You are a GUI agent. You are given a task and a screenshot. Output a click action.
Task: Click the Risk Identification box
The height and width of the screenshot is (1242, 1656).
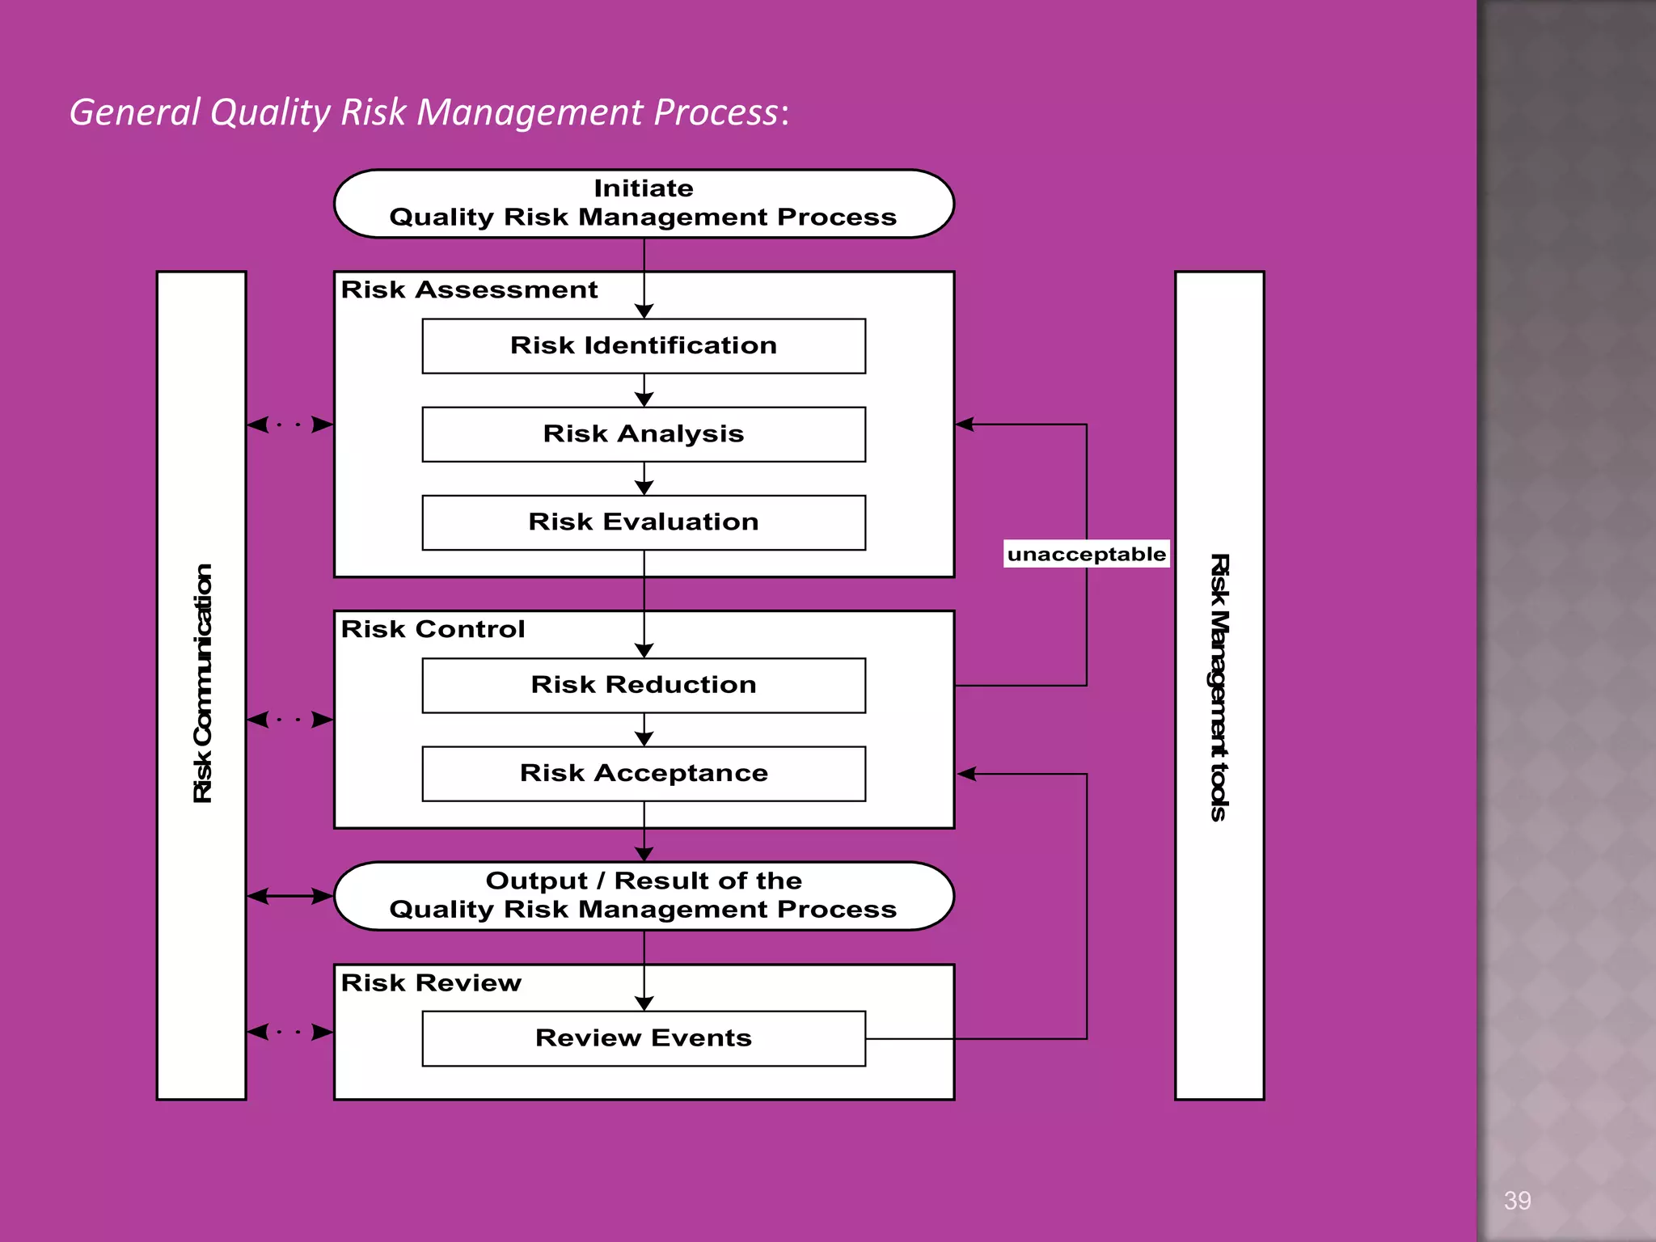click(x=644, y=346)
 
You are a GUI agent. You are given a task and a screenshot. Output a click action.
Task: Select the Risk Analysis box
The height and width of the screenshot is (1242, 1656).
click(x=644, y=434)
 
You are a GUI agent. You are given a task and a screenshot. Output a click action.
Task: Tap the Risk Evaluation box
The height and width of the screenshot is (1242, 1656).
click(x=644, y=522)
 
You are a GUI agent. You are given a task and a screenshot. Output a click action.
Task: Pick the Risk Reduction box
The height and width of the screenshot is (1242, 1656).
click(x=644, y=685)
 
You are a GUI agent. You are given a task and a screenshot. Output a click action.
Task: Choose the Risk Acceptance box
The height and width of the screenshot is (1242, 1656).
click(x=644, y=774)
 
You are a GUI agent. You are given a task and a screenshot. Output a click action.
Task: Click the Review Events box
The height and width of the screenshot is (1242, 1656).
click(x=644, y=1038)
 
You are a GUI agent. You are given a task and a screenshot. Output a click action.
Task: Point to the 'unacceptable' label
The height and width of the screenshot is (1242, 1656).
click(x=1086, y=554)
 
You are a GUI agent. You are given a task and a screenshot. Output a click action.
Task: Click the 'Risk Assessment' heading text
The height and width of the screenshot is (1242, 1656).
click(x=469, y=289)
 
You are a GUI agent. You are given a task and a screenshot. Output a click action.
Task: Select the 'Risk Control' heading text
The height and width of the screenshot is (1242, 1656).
click(x=433, y=629)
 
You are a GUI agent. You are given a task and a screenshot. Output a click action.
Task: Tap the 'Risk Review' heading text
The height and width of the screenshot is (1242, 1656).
click(x=431, y=982)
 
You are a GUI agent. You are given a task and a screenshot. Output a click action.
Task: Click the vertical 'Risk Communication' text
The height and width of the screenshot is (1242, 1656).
click(x=202, y=683)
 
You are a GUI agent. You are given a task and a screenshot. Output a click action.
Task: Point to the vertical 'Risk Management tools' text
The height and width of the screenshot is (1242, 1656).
click(x=1219, y=687)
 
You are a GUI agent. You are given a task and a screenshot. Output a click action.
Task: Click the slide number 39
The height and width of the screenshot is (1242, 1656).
click(x=1517, y=1200)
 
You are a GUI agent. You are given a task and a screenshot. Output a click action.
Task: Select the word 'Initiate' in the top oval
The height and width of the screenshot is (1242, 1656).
click(x=644, y=188)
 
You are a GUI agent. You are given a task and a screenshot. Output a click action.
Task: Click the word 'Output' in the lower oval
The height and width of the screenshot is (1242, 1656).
click(x=536, y=881)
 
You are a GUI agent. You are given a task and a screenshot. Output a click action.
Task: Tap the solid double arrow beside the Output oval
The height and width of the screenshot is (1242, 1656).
click(x=290, y=896)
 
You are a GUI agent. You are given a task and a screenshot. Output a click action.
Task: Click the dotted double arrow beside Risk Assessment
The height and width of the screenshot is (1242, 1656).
click(x=290, y=424)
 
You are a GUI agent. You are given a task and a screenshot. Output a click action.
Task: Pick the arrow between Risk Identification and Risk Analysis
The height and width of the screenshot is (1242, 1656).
click(x=644, y=391)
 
